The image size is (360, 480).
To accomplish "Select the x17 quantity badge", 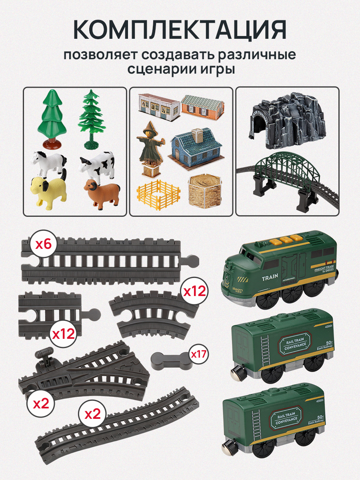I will [x=198, y=354].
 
